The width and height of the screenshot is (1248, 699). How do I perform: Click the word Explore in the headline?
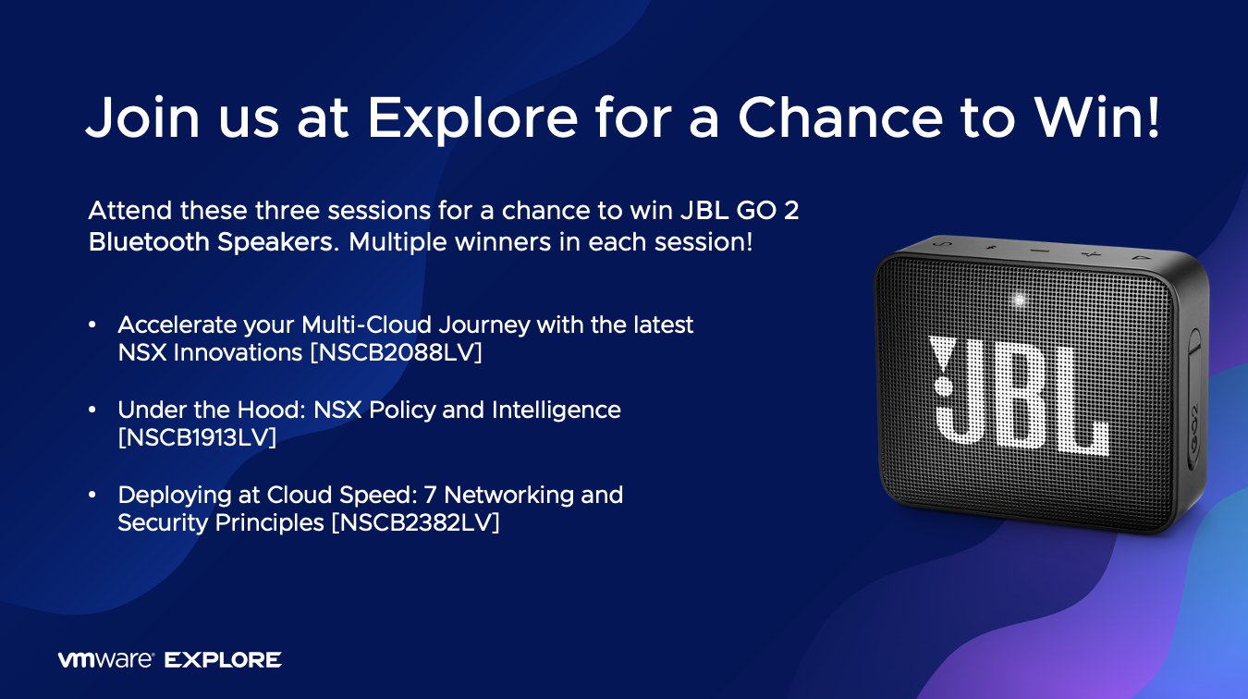[472, 118]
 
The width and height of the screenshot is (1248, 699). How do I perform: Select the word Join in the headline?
[142, 116]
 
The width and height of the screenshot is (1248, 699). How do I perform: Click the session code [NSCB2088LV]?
[397, 353]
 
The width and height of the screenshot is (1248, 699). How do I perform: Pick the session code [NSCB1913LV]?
[197, 437]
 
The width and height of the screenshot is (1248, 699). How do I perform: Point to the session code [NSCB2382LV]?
[416, 522]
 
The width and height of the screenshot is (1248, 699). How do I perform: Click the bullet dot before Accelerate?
[92, 325]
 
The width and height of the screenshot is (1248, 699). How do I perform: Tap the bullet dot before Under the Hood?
[92, 411]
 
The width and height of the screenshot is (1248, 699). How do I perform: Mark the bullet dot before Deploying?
[92, 495]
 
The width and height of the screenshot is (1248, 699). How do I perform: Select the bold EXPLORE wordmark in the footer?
[223, 660]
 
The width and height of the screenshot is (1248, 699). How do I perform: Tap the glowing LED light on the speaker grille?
[1019, 300]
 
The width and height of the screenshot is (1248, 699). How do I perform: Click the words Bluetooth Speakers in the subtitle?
[214, 242]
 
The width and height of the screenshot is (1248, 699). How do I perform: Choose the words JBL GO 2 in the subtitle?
[740, 211]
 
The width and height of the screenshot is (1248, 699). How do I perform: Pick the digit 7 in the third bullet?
[430, 495]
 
